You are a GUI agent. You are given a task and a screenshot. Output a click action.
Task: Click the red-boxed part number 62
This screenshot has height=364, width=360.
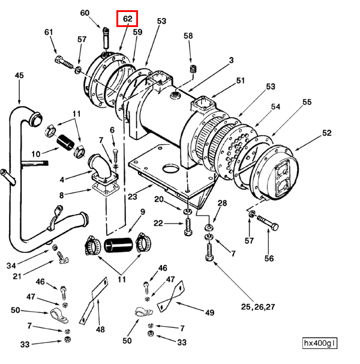[x=127, y=19]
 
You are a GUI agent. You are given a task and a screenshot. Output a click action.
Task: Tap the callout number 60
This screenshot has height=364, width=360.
[x=85, y=13]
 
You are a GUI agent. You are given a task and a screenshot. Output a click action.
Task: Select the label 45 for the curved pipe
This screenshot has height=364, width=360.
[x=19, y=75]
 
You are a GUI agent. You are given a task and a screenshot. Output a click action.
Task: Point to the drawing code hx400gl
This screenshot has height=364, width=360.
[x=320, y=344]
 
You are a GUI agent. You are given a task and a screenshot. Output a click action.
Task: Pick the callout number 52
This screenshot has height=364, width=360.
[x=326, y=133]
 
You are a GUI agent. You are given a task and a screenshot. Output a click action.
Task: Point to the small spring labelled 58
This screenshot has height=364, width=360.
[x=193, y=70]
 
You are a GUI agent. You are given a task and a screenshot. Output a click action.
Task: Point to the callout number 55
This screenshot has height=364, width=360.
[x=307, y=103]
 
